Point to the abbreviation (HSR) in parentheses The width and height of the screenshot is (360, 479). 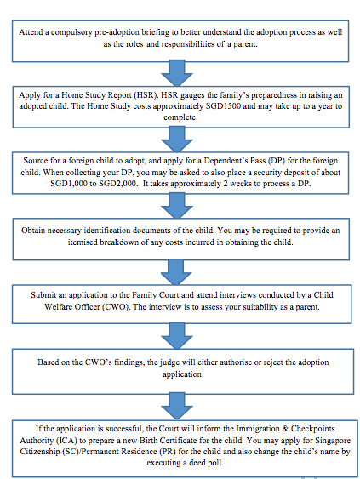pyautogui.click(x=146, y=95)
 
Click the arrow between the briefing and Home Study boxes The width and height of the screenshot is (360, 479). pyautogui.click(x=177, y=73)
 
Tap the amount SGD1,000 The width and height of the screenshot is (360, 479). pyautogui.click(x=69, y=184)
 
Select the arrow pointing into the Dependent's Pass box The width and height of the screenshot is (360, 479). pyautogui.click(x=177, y=140)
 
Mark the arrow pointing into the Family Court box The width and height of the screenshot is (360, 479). pyautogui.click(x=176, y=272)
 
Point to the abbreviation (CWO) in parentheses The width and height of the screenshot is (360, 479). pyautogui.click(x=117, y=306)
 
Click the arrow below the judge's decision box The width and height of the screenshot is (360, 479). pyautogui.click(x=177, y=407)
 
